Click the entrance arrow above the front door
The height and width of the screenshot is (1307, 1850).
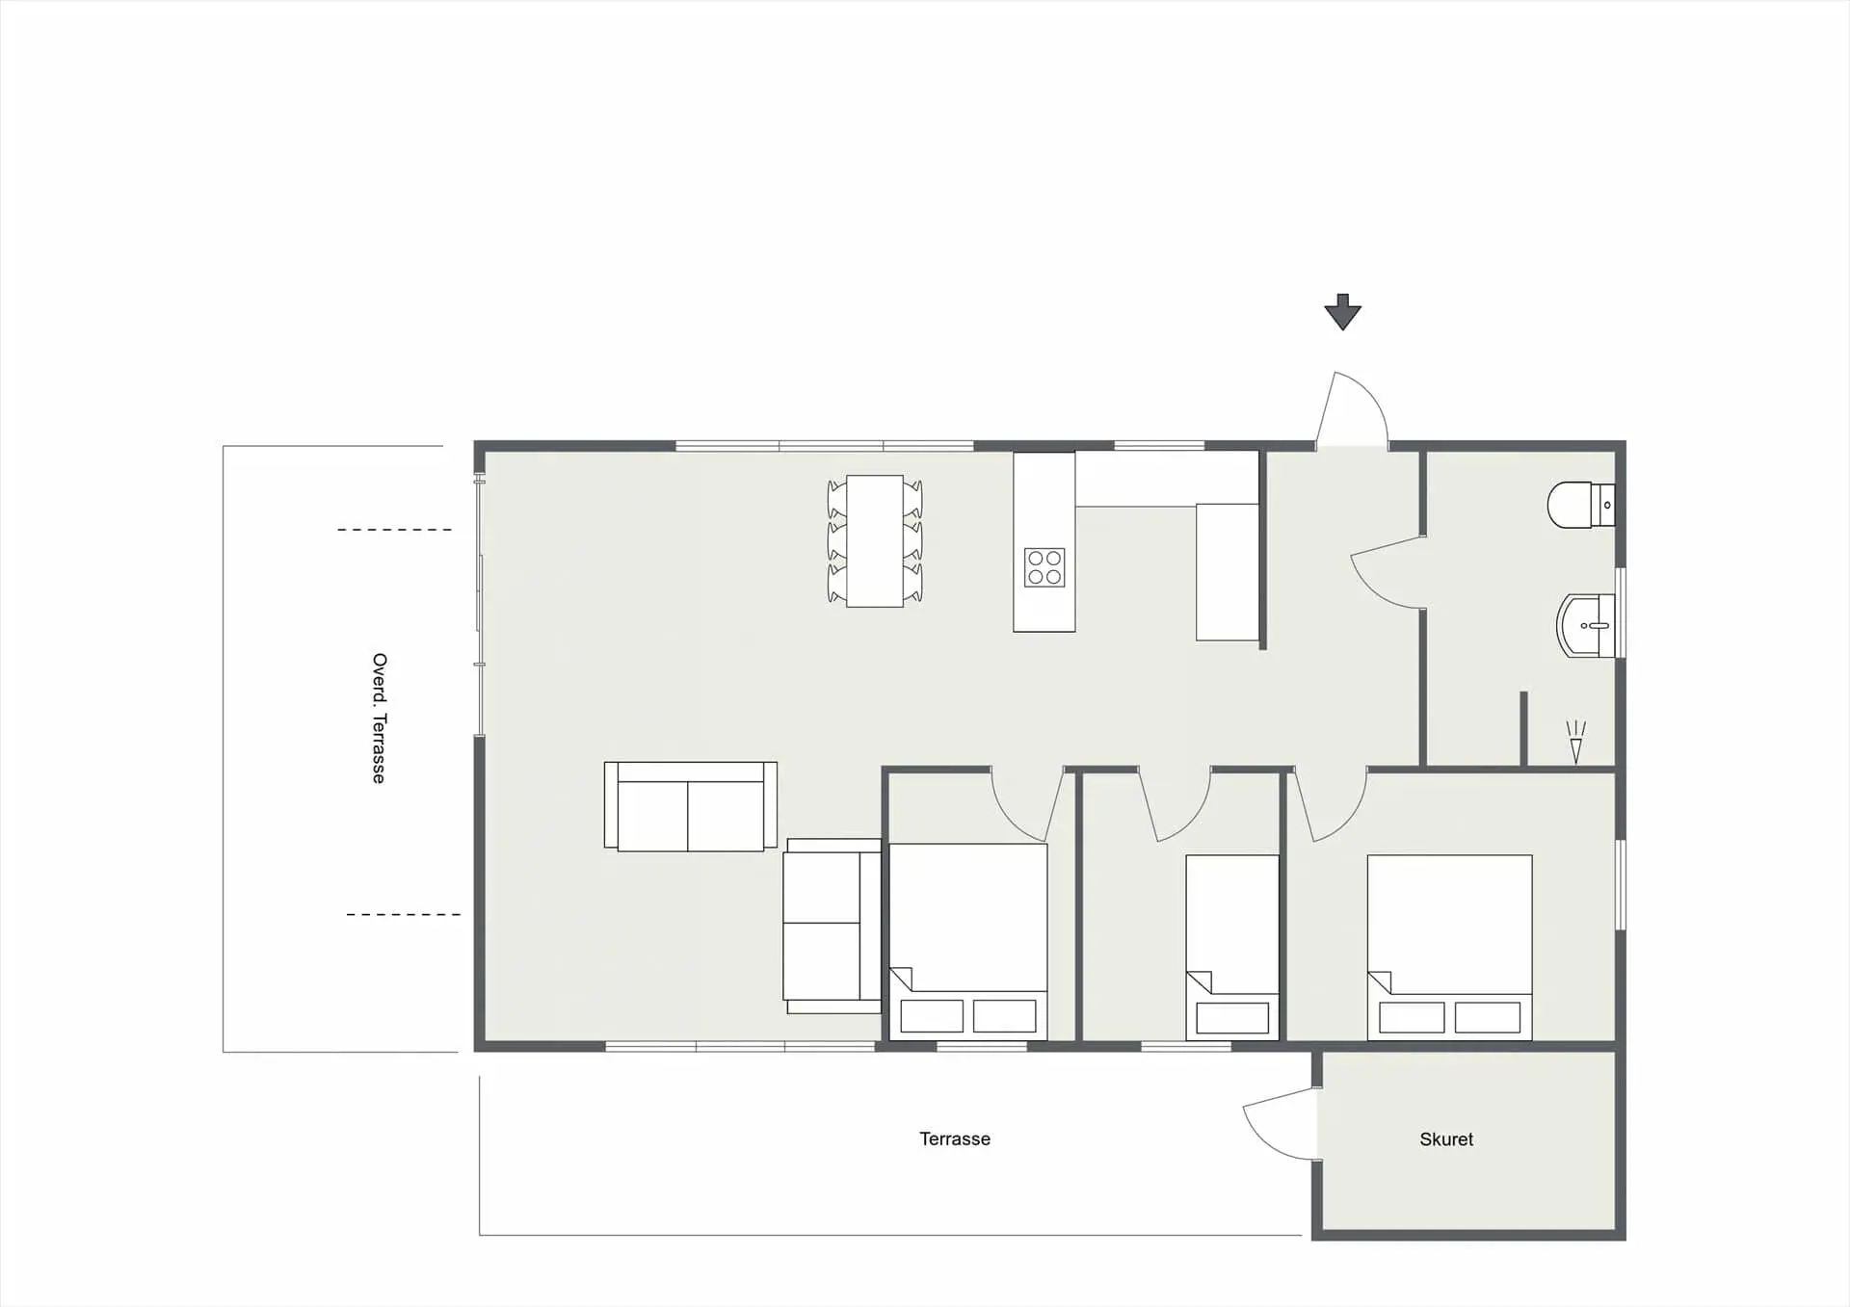[x=1342, y=312]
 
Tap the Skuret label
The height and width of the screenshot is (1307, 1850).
[x=1446, y=1139]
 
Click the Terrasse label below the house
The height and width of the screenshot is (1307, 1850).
[x=955, y=1138]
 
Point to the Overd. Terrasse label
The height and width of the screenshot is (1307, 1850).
[x=379, y=719]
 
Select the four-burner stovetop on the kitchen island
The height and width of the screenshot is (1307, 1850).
[x=1044, y=567]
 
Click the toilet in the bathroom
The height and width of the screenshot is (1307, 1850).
[x=1581, y=505]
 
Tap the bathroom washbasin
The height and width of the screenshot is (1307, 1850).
[x=1586, y=626]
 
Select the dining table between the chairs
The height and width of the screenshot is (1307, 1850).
[x=875, y=541]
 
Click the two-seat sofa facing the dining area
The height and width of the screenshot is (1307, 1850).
[x=691, y=806]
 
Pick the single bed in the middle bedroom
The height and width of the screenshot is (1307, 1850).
[x=1232, y=948]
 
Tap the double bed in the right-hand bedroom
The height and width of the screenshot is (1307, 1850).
[x=1449, y=948]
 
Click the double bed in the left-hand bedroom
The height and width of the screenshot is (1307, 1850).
[x=967, y=942]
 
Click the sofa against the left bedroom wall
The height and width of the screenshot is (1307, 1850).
[x=832, y=926]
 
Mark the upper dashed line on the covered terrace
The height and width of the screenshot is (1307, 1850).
[x=394, y=530]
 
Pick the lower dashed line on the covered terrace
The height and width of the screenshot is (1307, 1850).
[x=404, y=914]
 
